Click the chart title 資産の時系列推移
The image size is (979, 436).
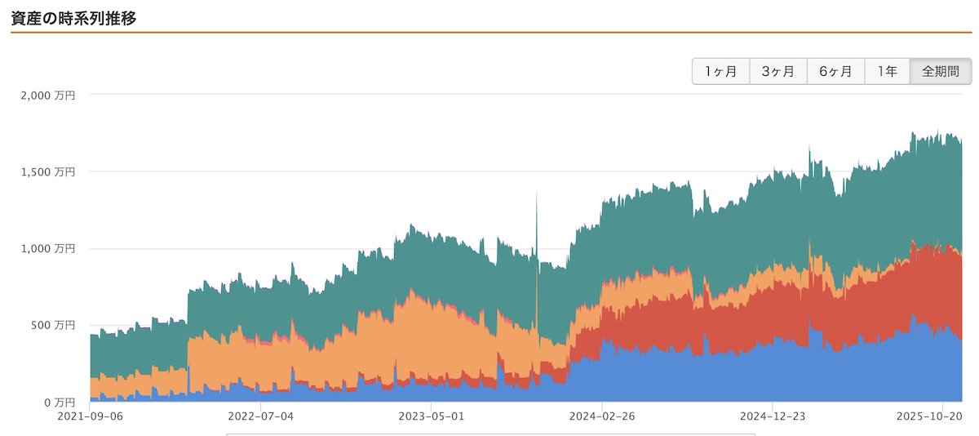click(73, 17)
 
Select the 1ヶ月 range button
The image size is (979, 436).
click(721, 72)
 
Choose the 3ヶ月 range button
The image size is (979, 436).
click(778, 72)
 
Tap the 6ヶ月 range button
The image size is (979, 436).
click(835, 72)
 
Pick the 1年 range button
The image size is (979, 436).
click(888, 72)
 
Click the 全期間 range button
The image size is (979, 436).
click(941, 72)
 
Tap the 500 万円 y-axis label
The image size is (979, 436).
click(54, 326)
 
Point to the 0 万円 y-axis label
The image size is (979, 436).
click(59, 403)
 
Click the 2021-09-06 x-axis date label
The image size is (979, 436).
click(90, 416)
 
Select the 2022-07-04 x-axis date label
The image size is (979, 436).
click(260, 416)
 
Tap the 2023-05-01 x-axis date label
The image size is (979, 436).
click(431, 416)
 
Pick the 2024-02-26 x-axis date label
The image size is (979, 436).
click(602, 416)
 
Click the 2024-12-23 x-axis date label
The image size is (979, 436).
click(773, 416)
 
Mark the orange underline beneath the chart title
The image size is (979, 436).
click(489, 32)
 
